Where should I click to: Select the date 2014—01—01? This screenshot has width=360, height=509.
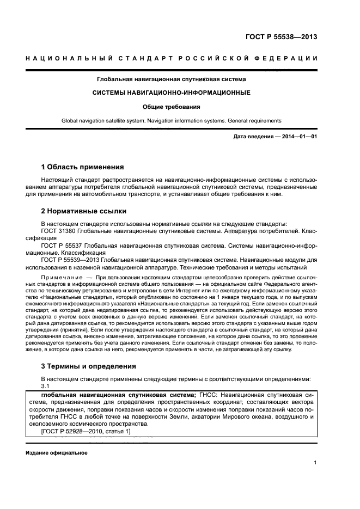(300, 136)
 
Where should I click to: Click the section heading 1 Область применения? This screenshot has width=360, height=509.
(83, 167)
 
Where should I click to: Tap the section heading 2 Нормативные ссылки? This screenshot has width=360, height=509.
(84, 211)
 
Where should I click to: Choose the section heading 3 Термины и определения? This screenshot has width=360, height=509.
(89, 366)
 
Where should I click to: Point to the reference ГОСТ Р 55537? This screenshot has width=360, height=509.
(63, 246)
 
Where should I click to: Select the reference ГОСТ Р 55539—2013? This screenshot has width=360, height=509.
(72, 261)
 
